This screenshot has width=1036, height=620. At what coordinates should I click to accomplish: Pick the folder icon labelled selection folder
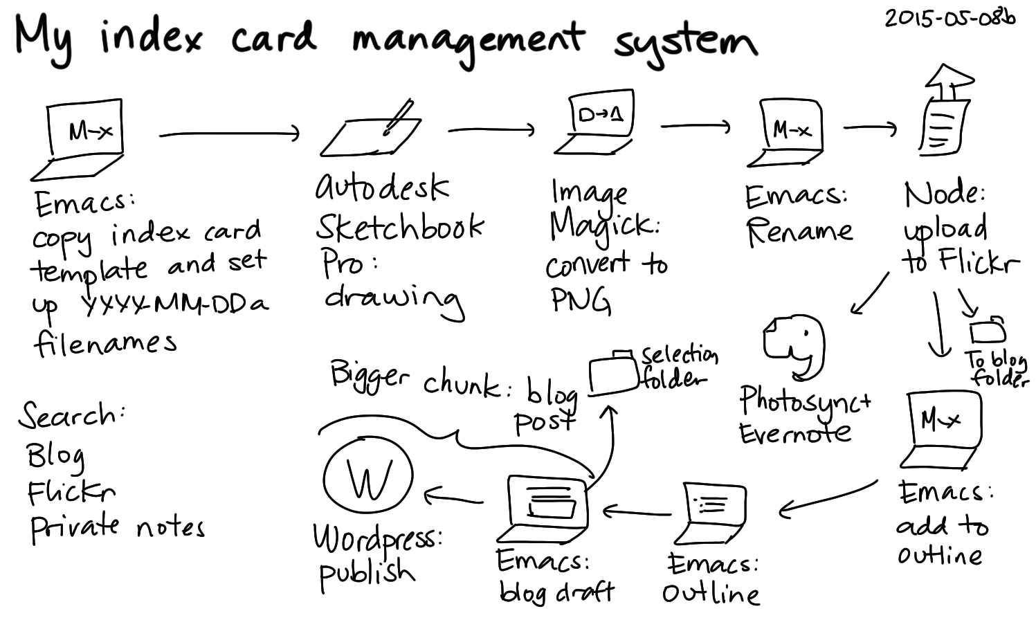pyautogui.click(x=613, y=376)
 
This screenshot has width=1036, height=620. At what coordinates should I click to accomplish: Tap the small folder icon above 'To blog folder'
pyautogui.click(x=988, y=331)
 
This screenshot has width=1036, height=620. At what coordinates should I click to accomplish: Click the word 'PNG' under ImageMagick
pyautogui.click(x=580, y=300)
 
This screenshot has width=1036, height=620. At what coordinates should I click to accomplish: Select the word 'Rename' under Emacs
pyautogui.click(x=799, y=231)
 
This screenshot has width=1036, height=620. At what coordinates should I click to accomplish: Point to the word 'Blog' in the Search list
pyautogui.click(x=55, y=455)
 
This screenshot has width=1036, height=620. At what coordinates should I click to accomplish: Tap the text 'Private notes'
pyautogui.click(x=117, y=527)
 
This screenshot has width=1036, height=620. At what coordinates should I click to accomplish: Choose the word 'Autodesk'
pyautogui.click(x=383, y=187)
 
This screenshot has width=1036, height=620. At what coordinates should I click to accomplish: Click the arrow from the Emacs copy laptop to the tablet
pyautogui.click(x=229, y=134)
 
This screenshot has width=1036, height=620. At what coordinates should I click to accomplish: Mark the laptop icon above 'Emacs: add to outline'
pyautogui.click(x=942, y=429)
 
